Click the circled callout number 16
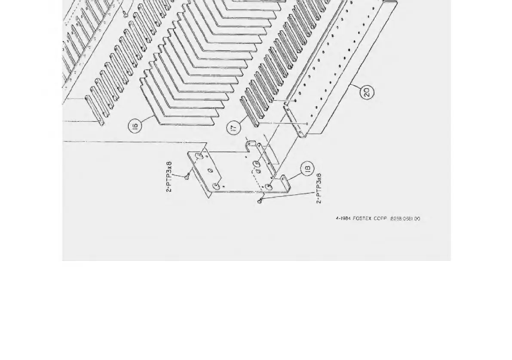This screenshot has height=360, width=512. [x=135, y=126]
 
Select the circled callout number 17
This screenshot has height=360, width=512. [x=234, y=128]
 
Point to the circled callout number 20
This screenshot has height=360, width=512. [x=367, y=92]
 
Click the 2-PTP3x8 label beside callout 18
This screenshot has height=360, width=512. [x=319, y=188]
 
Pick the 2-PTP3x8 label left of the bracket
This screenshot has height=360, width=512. [x=169, y=176]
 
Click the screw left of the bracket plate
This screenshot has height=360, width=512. [x=187, y=176]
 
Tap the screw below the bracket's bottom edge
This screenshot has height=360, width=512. [x=260, y=200]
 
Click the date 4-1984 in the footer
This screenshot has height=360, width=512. [x=343, y=218]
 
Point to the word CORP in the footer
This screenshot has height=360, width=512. [x=380, y=218]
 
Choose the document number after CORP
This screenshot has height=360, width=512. [x=405, y=218]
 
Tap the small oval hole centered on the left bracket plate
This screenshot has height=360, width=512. [x=211, y=171]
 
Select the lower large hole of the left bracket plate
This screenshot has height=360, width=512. [x=216, y=186]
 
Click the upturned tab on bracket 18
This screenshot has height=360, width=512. [x=284, y=177]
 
